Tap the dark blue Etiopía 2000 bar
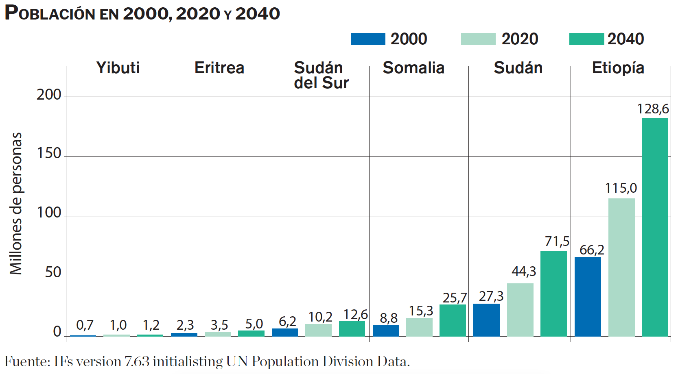(x=588, y=296)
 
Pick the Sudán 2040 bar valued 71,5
(x=553, y=293)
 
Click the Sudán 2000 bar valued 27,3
(x=486, y=320)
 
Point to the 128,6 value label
(x=653, y=109)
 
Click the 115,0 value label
(x=621, y=188)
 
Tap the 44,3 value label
(x=524, y=271)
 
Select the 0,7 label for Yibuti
(x=85, y=325)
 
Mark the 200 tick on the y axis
(x=49, y=95)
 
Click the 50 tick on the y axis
(x=53, y=272)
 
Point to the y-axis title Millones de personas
(x=16, y=203)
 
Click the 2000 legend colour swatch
(x=368, y=39)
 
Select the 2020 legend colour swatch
(x=478, y=39)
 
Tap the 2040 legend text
(x=626, y=39)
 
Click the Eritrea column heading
(x=219, y=68)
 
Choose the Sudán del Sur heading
(x=321, y=75)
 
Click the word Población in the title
(x=50, y=13)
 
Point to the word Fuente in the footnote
(x=26, y=361)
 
